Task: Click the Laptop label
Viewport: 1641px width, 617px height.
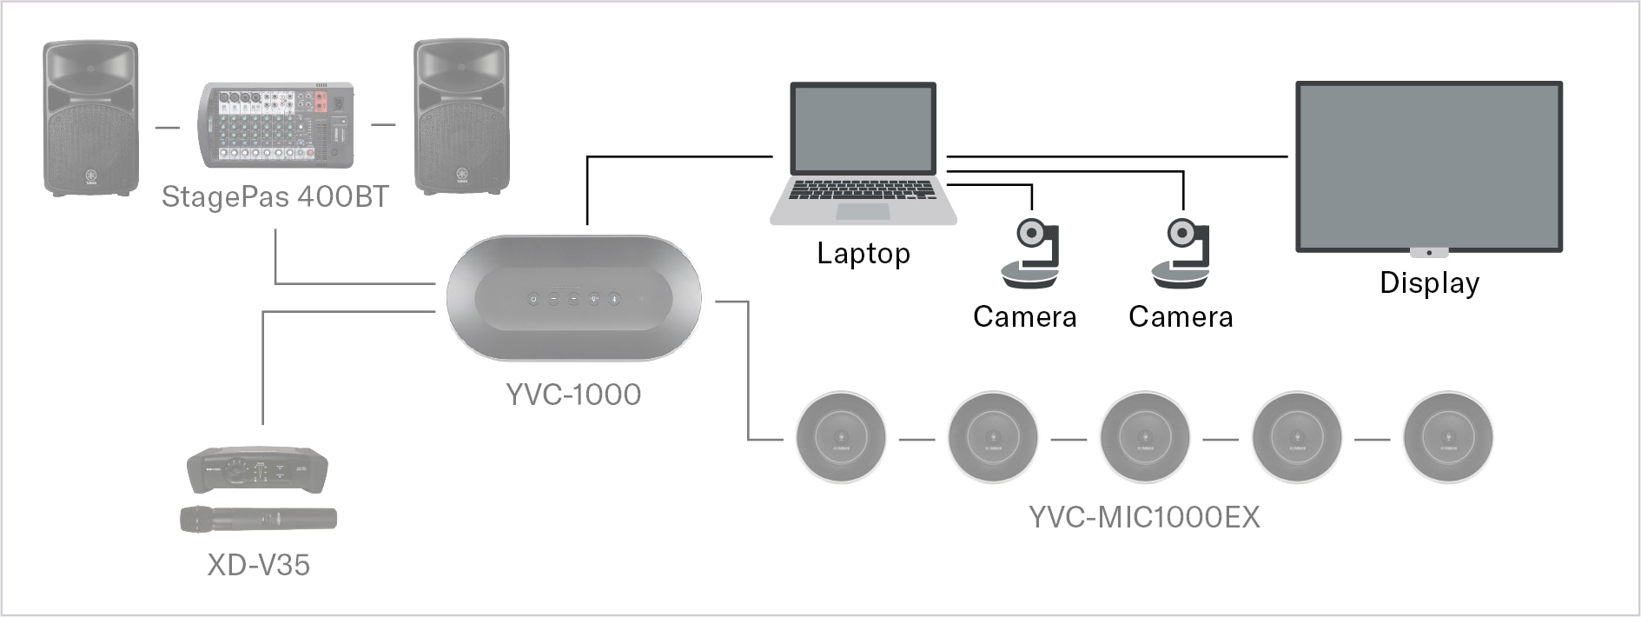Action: pos(863,254)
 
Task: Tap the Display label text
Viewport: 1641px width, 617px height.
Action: pos(1429,283)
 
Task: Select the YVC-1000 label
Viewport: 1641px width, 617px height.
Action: pos(573,395)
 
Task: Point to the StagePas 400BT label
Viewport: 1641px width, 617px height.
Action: pos(275,197)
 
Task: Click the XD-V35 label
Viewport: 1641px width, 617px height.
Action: pos(258,565)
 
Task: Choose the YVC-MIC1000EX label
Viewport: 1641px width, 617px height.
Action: pos(1144,517)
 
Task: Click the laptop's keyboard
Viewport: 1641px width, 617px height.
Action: pos(863,190)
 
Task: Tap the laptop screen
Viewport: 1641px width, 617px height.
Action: pos(864,129)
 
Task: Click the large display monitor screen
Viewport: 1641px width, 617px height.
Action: pos(1428,165)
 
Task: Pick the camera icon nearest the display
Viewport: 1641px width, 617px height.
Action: pos(1181,254)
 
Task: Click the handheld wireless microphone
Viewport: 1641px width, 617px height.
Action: pos(258,520)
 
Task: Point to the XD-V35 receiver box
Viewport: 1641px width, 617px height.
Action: pos(257,470)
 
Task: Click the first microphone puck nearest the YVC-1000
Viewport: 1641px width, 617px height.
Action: pos(841,438)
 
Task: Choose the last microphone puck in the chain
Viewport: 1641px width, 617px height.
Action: pos(1447,438)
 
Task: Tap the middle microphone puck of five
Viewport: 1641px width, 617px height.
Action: pos(1144,438)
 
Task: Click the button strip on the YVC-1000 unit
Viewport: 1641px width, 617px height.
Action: pos(573,299)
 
